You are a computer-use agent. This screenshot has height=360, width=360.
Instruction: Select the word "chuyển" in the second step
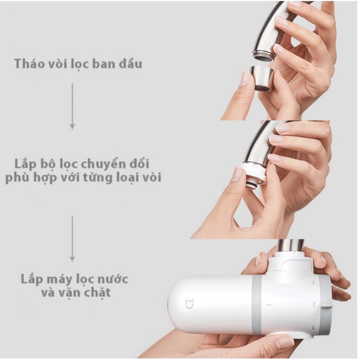[101, 164]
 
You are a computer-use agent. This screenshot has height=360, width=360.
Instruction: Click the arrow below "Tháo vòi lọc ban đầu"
[73, 106]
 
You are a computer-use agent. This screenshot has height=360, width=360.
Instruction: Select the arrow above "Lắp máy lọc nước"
[73, 239]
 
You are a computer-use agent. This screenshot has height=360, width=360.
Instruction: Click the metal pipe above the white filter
[291, 246]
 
